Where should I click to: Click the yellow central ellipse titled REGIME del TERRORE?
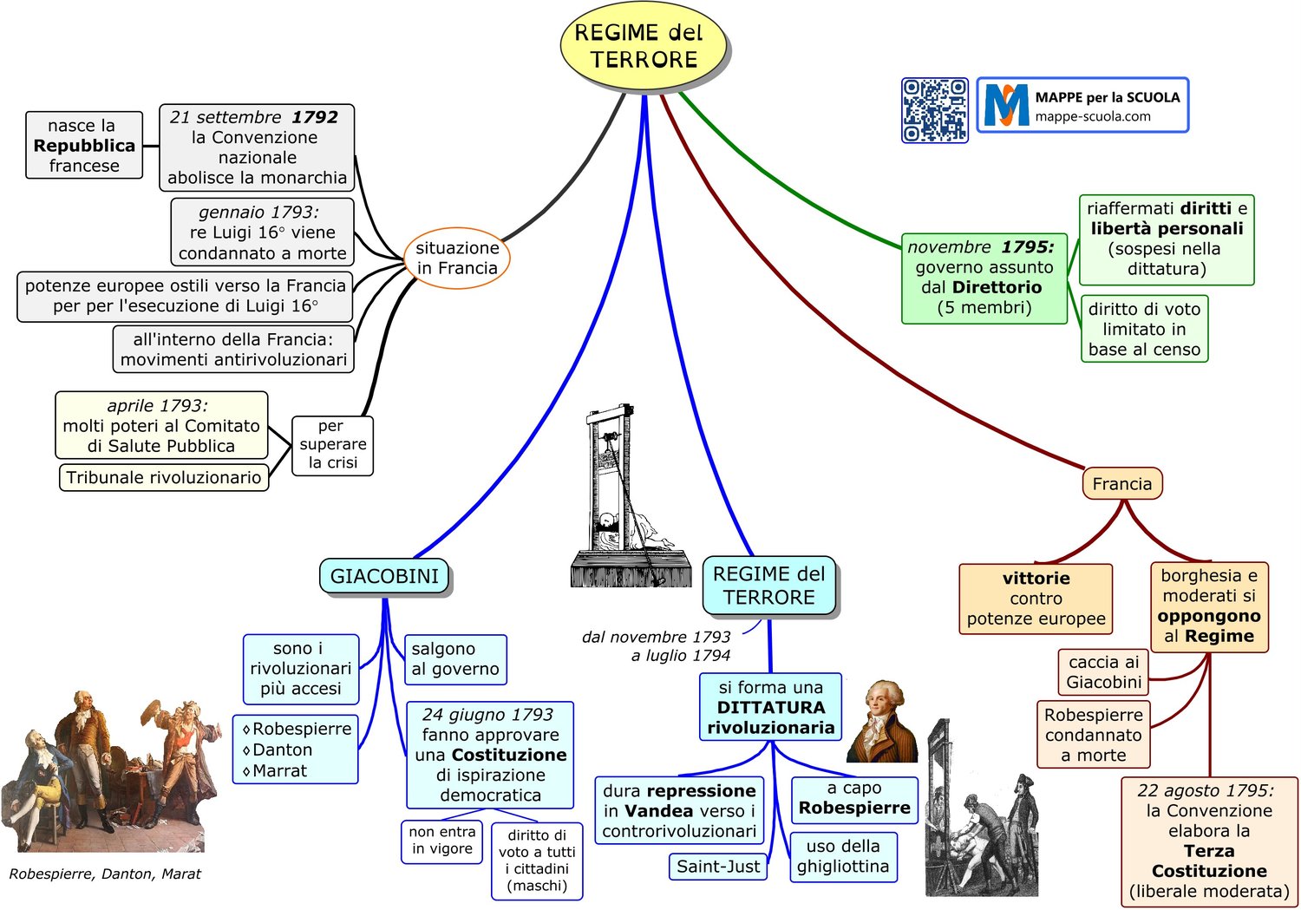(x=644, y=47)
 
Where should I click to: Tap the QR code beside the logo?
(x=934, y=110)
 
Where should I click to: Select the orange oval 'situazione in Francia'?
(x=457, y=258)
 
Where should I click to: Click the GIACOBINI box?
(x=384, y=576)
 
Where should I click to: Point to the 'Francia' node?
(x=1122, y=483)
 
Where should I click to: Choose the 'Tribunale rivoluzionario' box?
(x=164, y=477)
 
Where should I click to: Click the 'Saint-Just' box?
(x=718, y=867)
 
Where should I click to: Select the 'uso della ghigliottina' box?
(x=843, y=856)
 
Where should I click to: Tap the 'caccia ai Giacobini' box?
(x=1103, y=672)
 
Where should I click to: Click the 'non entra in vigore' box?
(x=442, y=841)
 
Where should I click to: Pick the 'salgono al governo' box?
(x=455, y=659)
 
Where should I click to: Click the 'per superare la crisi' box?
(x=332, y=445)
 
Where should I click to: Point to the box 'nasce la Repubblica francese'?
(x=84, y=145)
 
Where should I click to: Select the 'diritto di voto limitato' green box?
(x=1144, y=329)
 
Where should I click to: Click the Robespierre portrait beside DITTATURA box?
(x=882, y=721)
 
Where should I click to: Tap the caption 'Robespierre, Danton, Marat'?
(x=105, y=874)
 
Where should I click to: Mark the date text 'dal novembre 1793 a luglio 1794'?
(x=657, y=645)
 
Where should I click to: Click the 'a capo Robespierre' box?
(x=854, y=800)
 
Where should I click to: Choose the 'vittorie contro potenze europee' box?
(x=1036, y=599)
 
